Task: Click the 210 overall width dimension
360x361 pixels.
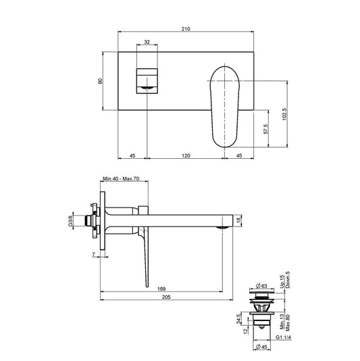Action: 186,29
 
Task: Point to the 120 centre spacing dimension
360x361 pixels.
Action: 186,155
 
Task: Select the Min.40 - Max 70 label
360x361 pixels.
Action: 121,180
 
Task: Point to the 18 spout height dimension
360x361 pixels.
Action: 248,220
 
